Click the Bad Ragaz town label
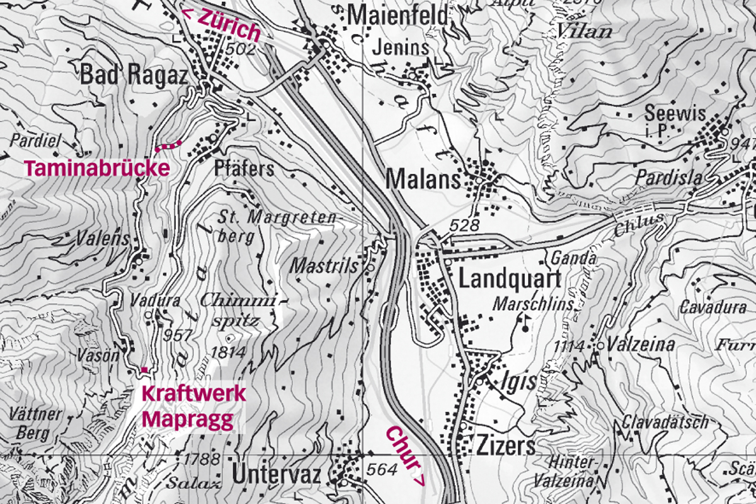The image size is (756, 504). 134,76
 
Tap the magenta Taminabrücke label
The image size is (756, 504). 97,168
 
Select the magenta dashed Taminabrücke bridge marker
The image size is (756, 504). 169,146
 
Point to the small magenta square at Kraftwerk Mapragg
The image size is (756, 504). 144,369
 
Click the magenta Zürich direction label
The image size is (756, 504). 221,25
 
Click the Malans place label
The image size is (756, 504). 423,180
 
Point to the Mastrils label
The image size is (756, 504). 324,266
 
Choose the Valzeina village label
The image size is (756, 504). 641,345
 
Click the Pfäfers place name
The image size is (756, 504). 244,169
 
